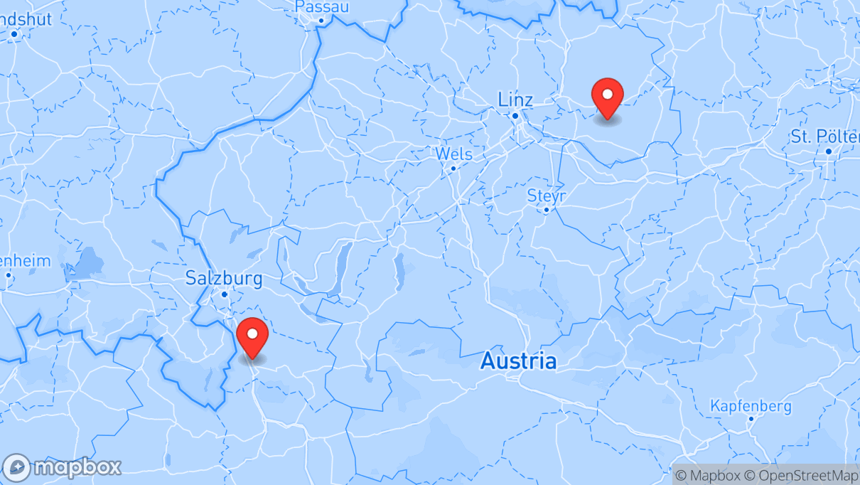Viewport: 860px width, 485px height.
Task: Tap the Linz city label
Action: (x=515, y=99)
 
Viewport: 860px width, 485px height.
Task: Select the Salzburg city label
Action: (x=224, y=278)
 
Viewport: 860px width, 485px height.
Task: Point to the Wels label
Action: (x=453, y=154)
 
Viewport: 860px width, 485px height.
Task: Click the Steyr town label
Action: (x=546, y=195)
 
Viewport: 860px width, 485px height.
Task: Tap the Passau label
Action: (x=321, y=7)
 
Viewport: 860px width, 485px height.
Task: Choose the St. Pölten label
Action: (x=824, y=136)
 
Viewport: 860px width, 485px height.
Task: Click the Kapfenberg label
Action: (x=751, y=406)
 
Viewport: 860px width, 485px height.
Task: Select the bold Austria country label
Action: (x=518, y=361)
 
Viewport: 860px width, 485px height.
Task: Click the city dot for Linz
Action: (x=515, y=115)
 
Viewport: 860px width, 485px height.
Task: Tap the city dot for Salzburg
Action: (x=224, y=294)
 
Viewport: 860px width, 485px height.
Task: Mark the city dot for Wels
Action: (x=453, y=169)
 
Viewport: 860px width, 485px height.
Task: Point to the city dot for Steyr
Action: (x=546, y=210)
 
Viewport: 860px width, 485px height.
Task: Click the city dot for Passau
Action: (x=321, y=21)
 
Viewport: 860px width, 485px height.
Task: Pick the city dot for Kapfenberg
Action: (x=751, y=419)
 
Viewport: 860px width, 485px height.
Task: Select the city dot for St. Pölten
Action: (x=829, y=151)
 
